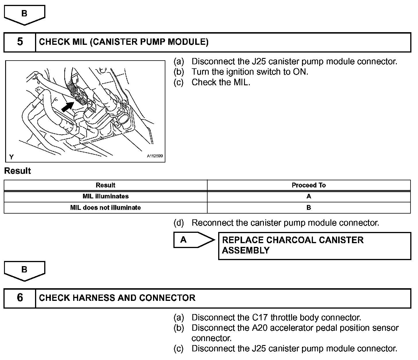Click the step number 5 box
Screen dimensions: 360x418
pyautogui.click(x=20, y=42)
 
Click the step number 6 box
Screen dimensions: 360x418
pyautogui.click(x=20, y=298)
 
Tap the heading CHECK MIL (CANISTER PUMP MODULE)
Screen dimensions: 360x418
pyautogui.click(x=124, y=42)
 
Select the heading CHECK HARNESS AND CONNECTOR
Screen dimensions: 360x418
pyautogui.click(x=117, y=298)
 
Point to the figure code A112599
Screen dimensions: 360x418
pyautogui.click(x=155, y=156)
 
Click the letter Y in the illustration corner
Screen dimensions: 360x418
pyautogui.click(x=11, y=157)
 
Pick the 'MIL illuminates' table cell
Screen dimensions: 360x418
pyautogui.click(x=105, y=196)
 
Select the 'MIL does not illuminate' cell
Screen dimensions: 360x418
pyautogui.click(x=105, y=208)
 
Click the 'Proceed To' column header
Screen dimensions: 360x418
pyautogui.click(x=309, y=185)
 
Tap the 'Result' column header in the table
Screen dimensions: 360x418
pyautogui.click(x=105, y=185)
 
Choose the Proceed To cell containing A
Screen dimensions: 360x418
pyautogui.click(x=309, y=196)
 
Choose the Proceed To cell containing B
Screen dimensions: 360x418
pyautogui.click(x=309, y=208)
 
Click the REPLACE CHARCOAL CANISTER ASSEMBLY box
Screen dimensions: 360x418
pyautogui.click(x=314, y=246)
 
